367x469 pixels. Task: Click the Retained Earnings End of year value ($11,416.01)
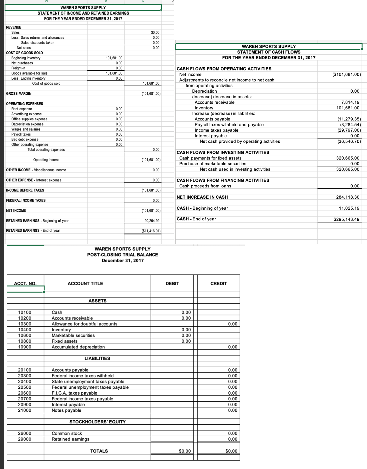[151, 231]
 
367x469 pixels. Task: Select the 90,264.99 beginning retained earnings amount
[152, 221]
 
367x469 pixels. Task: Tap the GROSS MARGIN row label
[19, 93]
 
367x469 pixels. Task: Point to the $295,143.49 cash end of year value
[346, 219]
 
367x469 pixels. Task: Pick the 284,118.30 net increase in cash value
[348, 197]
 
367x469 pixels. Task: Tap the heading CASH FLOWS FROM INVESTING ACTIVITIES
[223, 152]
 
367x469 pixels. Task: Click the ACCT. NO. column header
[25, 283]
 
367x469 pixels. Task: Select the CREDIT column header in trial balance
[219, 283]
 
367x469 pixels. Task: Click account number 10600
[25, 335]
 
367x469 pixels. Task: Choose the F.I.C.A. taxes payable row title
[74, 393]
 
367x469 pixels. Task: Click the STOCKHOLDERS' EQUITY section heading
[97, 422]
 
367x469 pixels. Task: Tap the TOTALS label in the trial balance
[99, 451]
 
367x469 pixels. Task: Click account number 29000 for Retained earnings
[25, 439]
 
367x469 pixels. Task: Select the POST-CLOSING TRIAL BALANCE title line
[123, 255]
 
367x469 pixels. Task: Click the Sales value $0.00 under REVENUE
[155, 32]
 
